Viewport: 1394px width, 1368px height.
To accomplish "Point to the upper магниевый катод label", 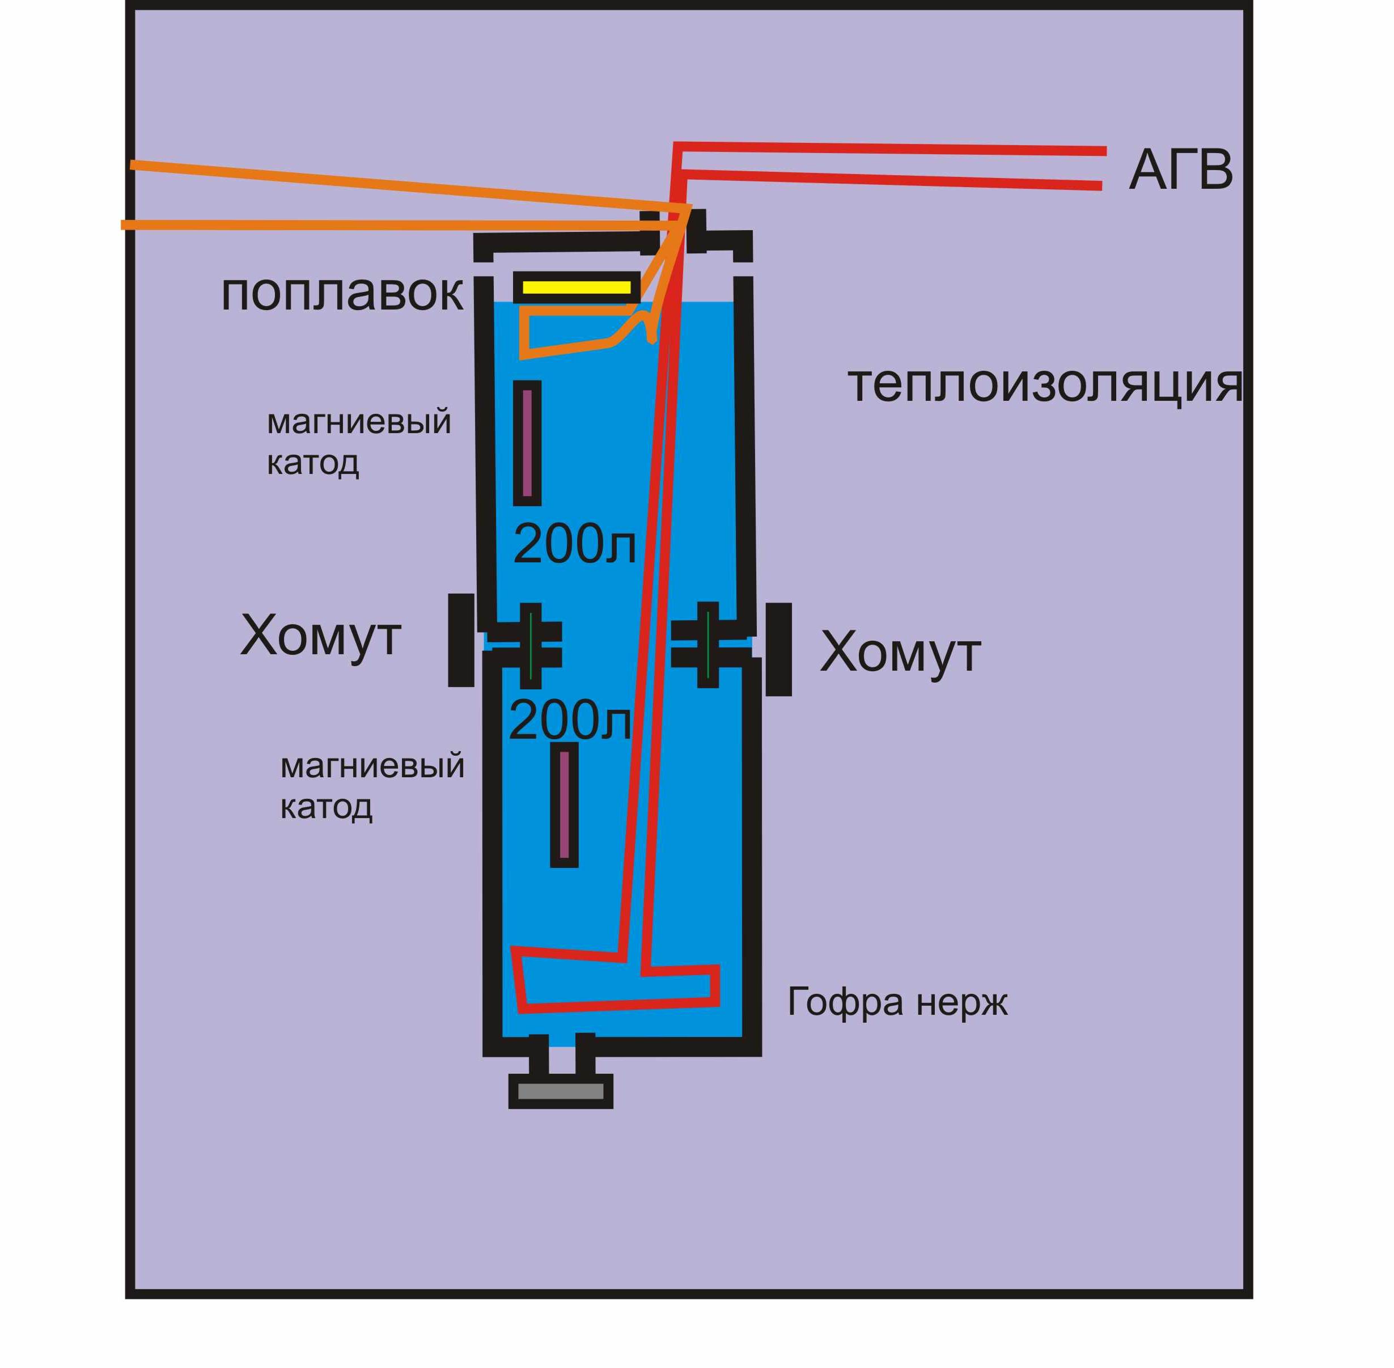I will point(358,442).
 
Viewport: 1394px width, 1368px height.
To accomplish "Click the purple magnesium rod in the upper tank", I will point(527,443).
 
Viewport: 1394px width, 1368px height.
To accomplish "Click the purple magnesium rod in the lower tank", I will point(564,804).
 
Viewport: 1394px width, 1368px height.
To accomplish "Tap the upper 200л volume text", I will point(574,544).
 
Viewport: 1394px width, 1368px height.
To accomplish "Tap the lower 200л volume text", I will point(570,720).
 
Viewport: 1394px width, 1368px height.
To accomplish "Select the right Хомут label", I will point(900,653).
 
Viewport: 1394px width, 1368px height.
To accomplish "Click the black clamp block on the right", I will point(778,650).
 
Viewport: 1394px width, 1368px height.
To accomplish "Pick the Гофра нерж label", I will point(897,1001).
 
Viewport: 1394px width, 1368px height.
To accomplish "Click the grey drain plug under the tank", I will point(561,1091).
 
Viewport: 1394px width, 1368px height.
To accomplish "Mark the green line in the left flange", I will point(530,645).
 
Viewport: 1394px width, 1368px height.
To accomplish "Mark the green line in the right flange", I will point(708,645).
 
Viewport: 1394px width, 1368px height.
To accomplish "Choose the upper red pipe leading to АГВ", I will point(891,149).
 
